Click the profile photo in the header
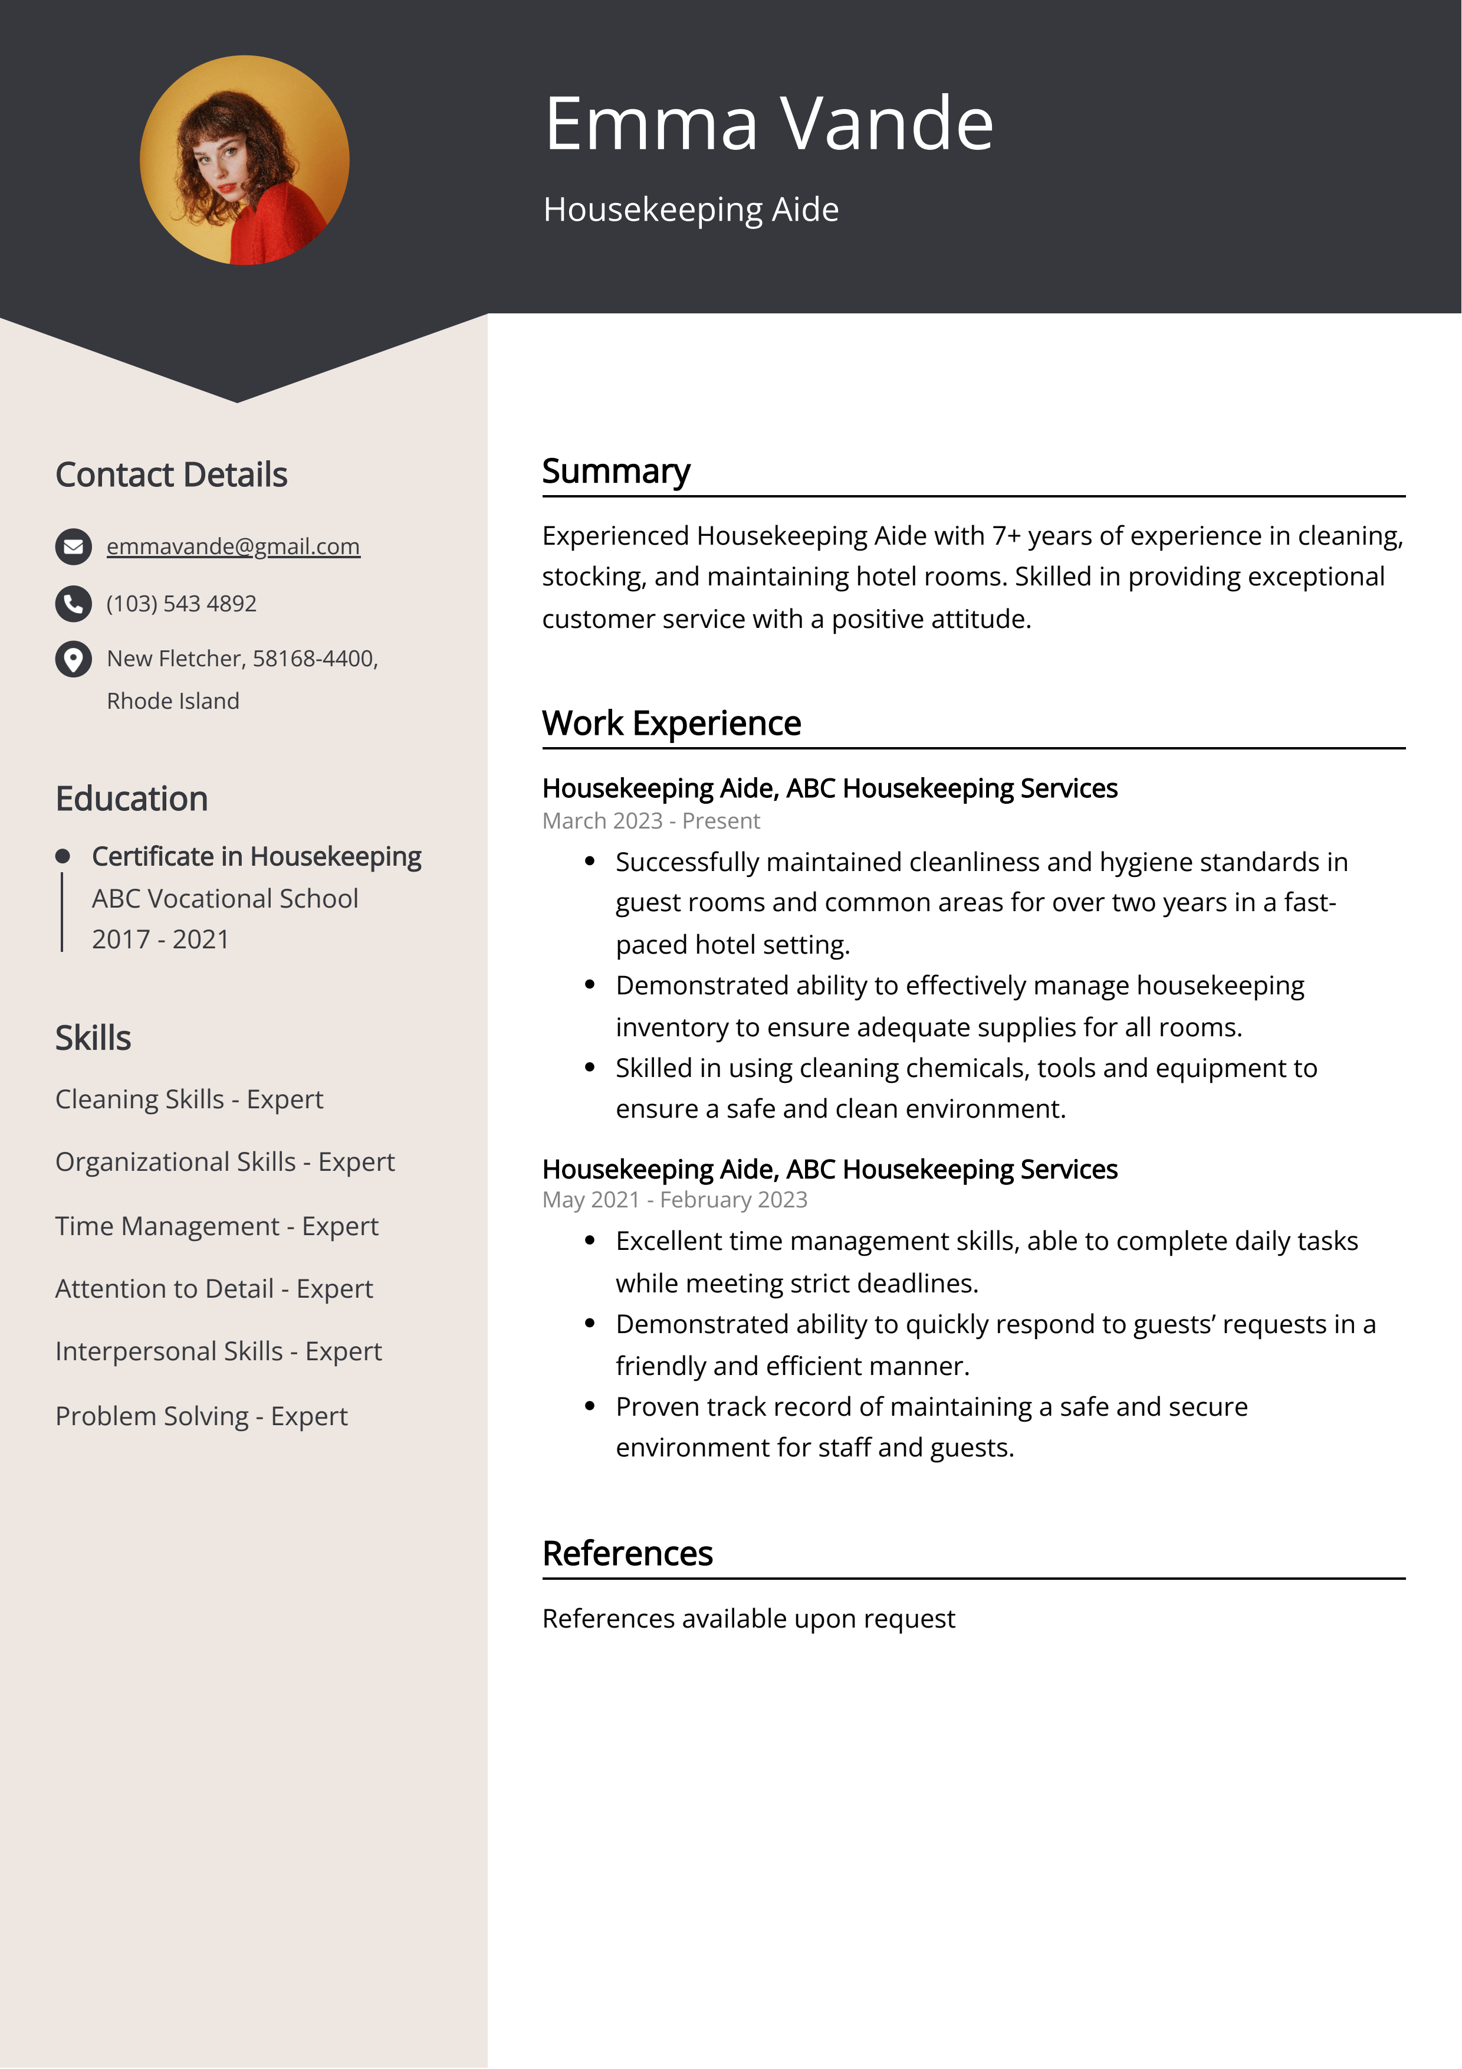click(244, 161)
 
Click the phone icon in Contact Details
click(73, 604)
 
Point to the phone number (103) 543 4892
click(181, 604)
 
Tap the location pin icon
click(73, 659)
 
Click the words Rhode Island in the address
click(173, 701)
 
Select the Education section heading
click(132, 799)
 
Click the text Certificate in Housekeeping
click(256, 856)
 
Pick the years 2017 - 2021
click(160, 939)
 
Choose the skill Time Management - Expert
click(216, 1226)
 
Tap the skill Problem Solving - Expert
click(201, 1416)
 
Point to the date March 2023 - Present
click(650, 821)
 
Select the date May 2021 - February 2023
click(674, 1199)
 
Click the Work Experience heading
click(671, 724)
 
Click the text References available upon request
click(748, 1618)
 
